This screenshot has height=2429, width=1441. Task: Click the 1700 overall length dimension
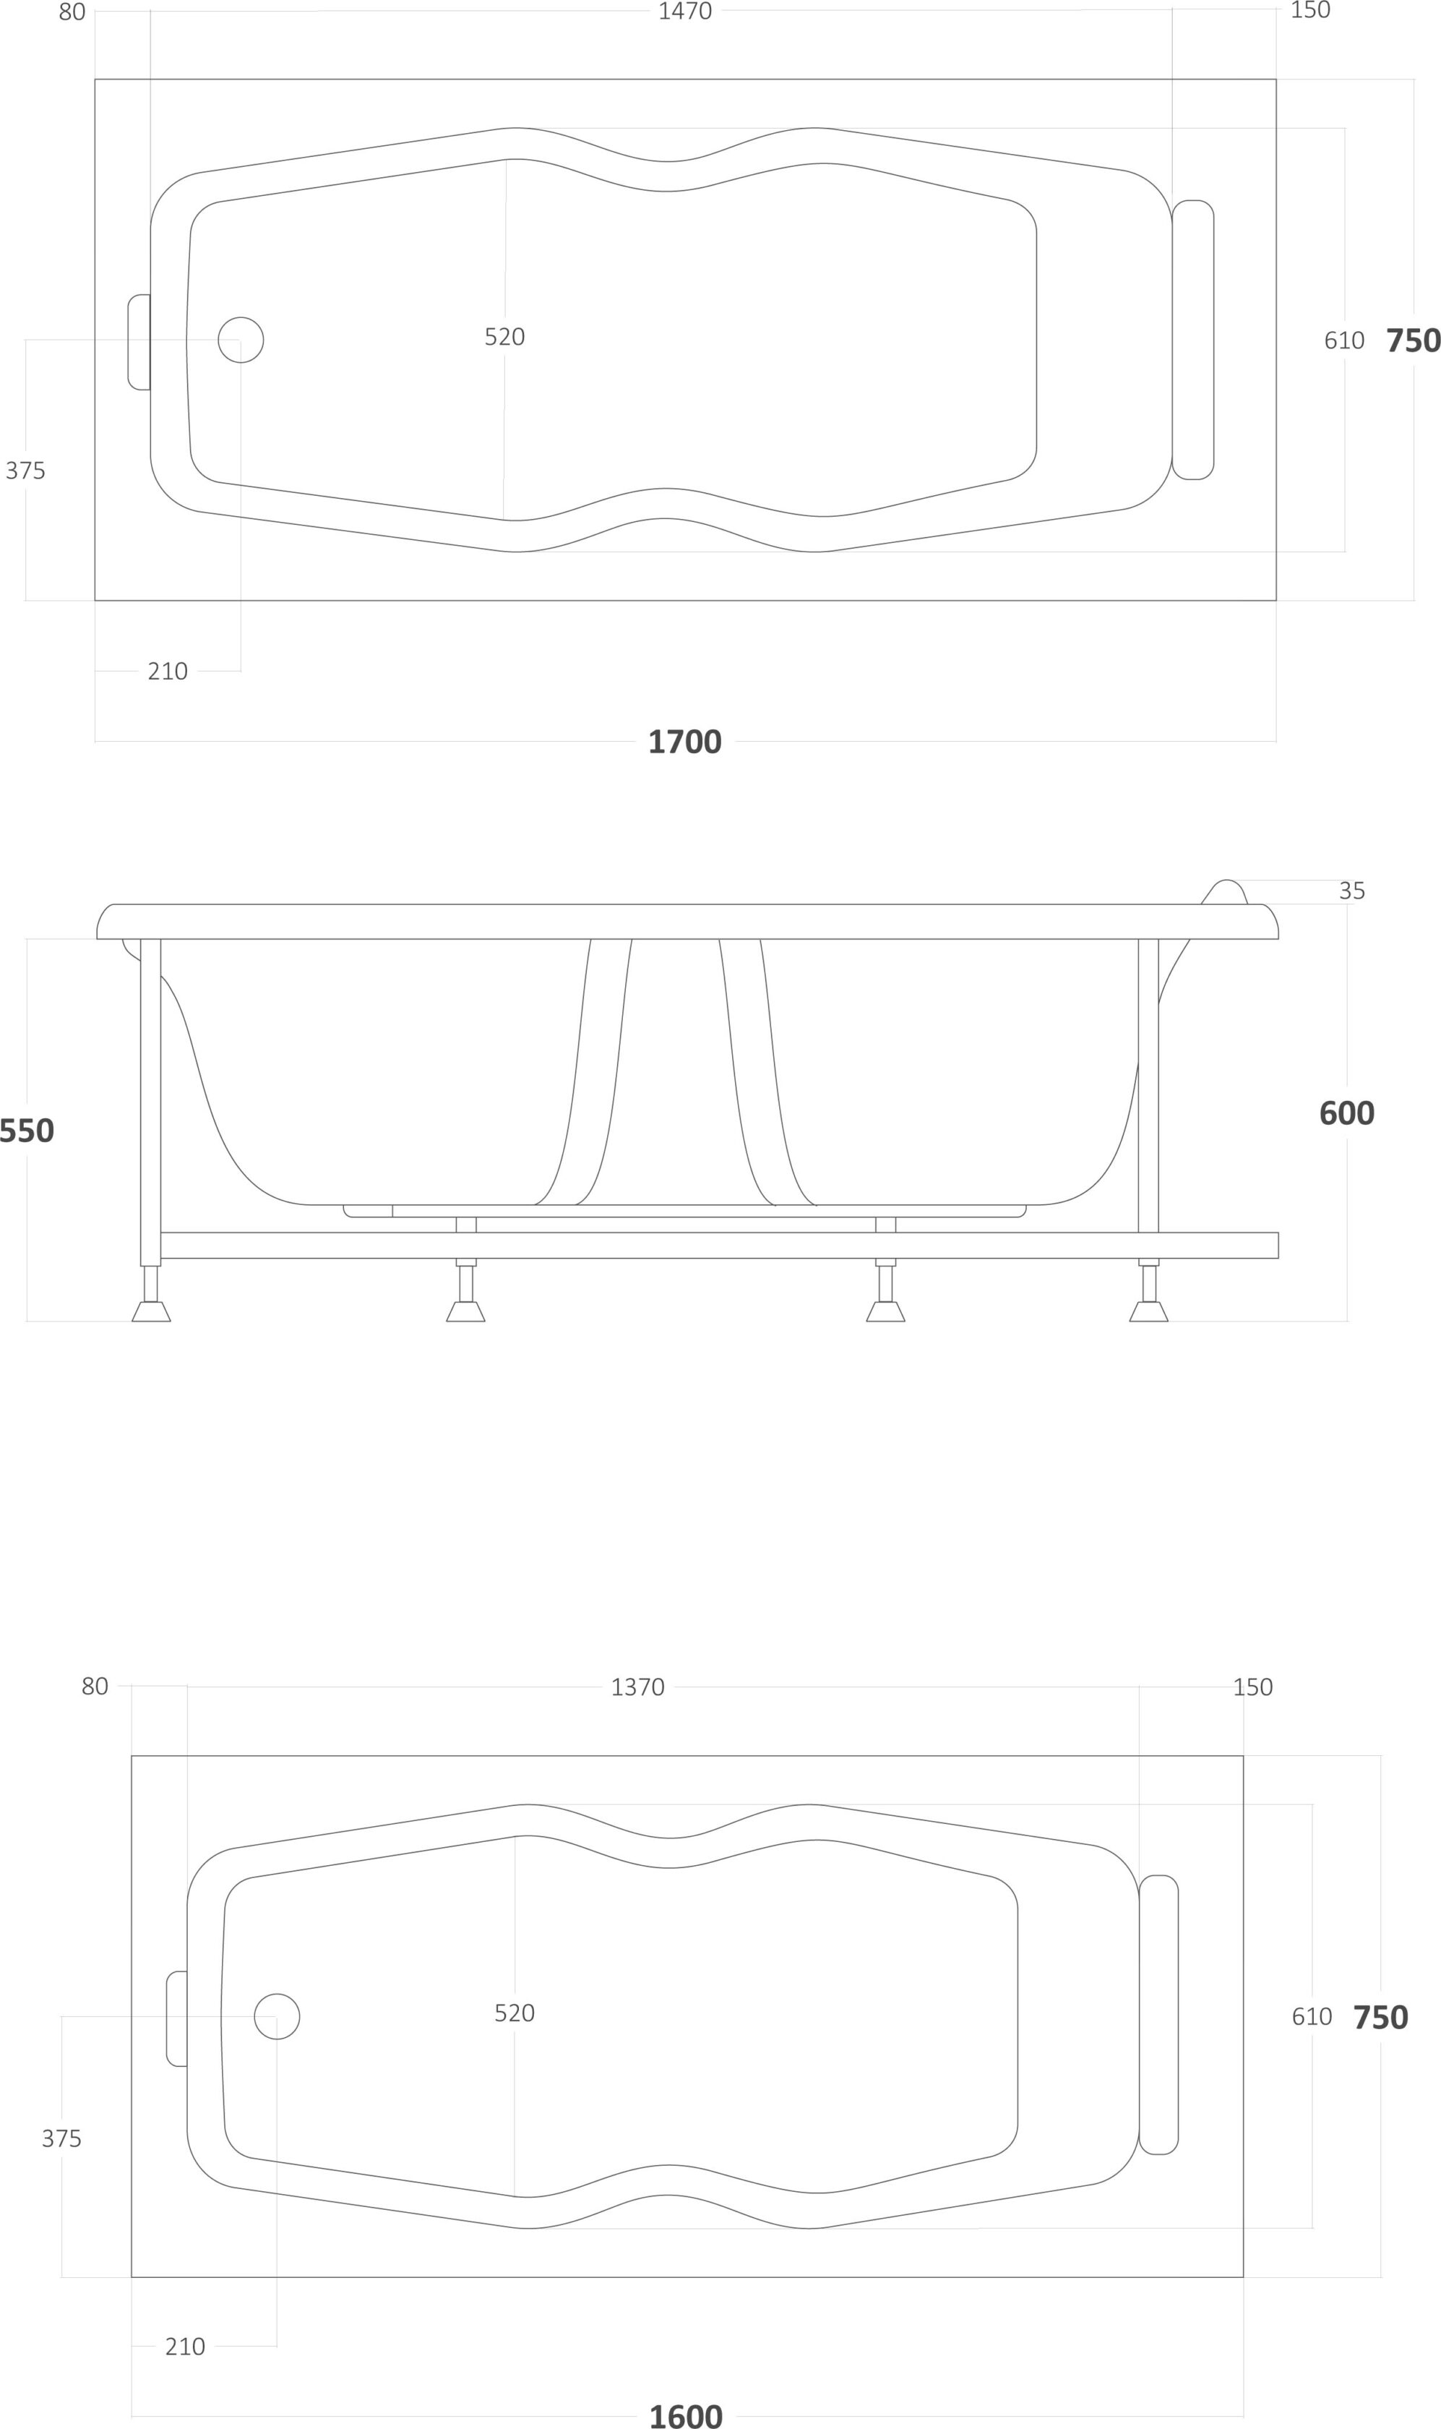[x=684, y=742]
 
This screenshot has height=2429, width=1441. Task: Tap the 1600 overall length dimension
[x=686, y=2415]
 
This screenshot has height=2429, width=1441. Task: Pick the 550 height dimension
[x=26, y=1131]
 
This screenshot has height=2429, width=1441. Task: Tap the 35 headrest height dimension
[x=1351, y=891]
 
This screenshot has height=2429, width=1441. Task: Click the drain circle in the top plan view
[x=241, y=340]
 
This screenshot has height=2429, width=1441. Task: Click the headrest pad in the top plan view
[x=1192, y=340]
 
